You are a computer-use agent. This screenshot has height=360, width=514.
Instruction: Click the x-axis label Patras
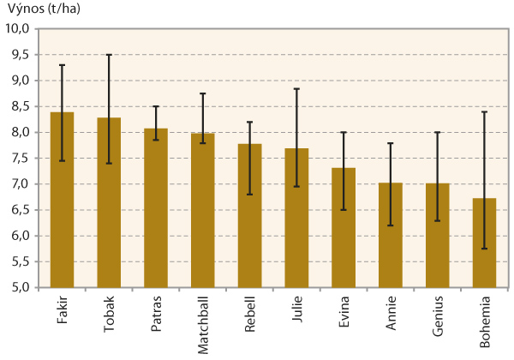point(156,310)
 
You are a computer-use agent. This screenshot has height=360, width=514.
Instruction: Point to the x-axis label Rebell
point(250,309)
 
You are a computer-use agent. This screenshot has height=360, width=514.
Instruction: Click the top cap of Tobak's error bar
point(109,55)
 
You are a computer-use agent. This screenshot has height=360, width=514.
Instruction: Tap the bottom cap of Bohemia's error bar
point(485,249)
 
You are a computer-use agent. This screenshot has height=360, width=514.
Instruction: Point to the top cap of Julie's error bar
point(297,88)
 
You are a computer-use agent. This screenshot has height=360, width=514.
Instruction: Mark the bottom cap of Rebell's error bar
point(250,195)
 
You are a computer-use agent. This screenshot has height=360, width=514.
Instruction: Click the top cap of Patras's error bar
point(156,106)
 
